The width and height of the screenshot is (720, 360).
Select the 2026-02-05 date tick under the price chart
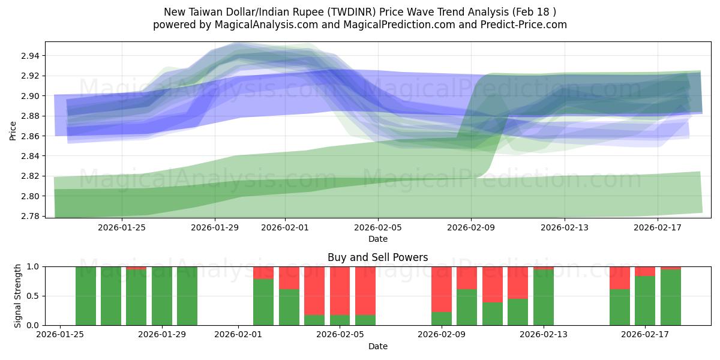pyautogui.click(x=378, y=227)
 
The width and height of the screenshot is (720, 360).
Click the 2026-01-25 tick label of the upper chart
pyautogui.click(x=122, y=227)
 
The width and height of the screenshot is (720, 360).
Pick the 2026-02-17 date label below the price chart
pyautogui.click(x=658, y=227)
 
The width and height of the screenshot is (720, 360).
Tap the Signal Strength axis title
pyautogui.click(x=17, y=296)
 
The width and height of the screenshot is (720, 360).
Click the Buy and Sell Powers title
pyautogui.click(x=378, y=257)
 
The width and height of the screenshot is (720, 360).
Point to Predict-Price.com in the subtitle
pyautogui.click(x=525, y=25)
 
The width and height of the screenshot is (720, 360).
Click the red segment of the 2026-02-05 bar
pyautogui.click(x=340, y=290)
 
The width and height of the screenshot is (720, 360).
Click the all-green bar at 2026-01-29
pyautogui.click(x=162, y=296)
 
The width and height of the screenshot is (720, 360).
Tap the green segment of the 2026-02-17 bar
pyautogui.click(x=645, y=301)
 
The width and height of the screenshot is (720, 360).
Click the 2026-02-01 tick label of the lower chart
pyautogui.click(x=239, y=335)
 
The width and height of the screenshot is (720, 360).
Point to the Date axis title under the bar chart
pyautogui.click(x=378, y=346)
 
